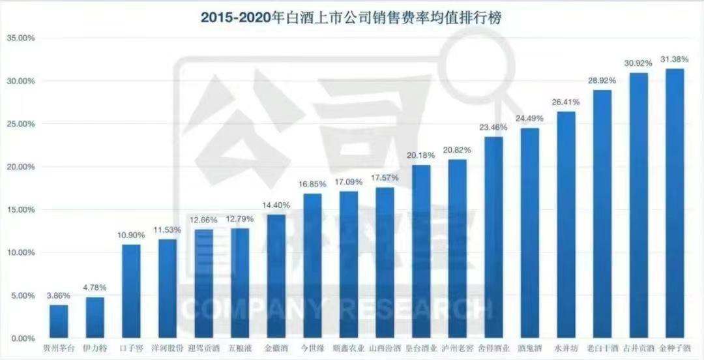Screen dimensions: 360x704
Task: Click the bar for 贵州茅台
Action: click(59, 322)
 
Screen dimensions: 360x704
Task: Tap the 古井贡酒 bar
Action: click(639, 205)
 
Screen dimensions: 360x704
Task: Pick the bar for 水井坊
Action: click(566, 225)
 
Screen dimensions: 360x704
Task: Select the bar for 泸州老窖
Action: click(458, 248)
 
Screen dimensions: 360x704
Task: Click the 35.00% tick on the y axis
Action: click(20, 38)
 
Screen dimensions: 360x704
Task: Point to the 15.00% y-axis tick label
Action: click(20, 210)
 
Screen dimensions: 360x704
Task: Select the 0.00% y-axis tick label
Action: click(22, 338)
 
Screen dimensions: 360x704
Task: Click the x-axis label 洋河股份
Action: click(167, 348)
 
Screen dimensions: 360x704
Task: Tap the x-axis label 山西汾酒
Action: click(385, 348)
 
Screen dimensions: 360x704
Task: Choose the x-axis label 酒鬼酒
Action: click(530, 348)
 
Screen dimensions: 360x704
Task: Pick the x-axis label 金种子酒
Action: click(675, 348)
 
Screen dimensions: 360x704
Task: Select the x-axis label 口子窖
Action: click(131, 348)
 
